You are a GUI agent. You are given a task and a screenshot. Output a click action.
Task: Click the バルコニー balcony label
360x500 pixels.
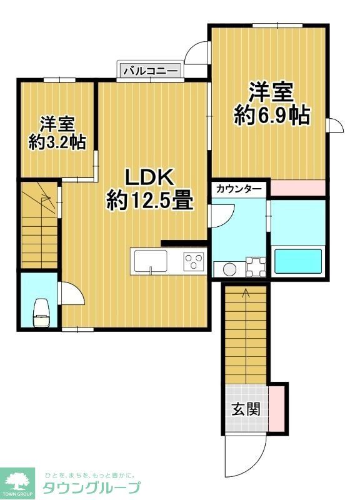150,70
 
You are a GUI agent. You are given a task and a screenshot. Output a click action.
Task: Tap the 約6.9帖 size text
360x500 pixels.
271,116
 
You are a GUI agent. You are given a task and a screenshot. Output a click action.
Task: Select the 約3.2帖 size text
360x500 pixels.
57,142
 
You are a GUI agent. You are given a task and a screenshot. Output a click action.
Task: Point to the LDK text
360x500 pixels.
149,178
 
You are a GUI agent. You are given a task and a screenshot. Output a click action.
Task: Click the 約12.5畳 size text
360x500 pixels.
149,200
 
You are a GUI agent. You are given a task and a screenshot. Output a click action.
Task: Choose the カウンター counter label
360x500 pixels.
239,188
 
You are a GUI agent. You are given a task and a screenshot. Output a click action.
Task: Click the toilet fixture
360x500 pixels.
41,311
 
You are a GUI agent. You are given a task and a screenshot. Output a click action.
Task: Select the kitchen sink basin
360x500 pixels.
150,261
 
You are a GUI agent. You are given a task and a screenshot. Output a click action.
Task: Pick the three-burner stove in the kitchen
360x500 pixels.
194,261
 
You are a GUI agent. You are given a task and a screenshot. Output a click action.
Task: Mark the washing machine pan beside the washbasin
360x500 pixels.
255,267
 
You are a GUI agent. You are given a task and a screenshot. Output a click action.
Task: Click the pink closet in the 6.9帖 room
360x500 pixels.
297,187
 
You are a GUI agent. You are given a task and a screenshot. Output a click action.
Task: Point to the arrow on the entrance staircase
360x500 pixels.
246,291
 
